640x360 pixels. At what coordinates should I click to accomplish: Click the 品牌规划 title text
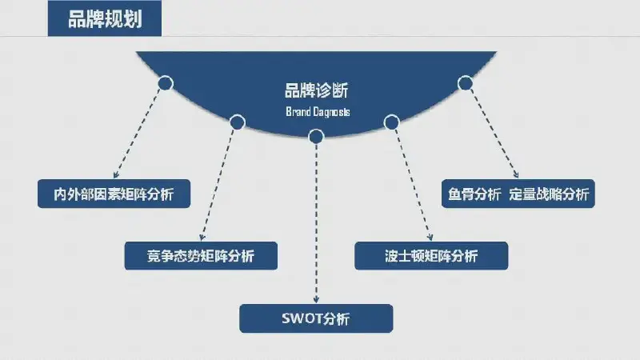pos(105,19)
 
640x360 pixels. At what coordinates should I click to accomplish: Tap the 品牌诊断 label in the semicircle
pos(316,90)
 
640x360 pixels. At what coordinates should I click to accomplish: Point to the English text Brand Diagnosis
pos(318,112)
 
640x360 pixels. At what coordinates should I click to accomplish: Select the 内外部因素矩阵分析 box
pos(114,194)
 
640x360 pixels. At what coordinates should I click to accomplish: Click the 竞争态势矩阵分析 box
pos(201,256)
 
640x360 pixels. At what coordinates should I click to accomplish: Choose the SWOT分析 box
pos(316,318)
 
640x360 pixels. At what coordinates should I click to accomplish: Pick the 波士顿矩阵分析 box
pos(431,256)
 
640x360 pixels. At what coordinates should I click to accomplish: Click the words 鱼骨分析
pos(474,194)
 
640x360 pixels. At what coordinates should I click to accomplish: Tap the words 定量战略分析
pos(549,194)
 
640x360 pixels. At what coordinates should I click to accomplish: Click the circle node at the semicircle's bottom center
pos(316,137)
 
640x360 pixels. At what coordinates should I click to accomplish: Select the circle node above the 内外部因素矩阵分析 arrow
pos(166,83)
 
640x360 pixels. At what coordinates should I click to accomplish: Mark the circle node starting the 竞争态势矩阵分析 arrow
pos(237,122)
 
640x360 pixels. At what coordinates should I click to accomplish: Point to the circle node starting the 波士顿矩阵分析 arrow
pos(391,122)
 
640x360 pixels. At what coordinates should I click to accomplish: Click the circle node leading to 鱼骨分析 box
pos(466,83)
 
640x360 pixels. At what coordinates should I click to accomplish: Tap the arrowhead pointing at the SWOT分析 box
pos(316,300)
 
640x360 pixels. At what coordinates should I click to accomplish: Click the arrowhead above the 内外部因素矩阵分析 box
pos(116,174)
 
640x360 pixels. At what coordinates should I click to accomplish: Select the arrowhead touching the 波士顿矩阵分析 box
pos(430,237)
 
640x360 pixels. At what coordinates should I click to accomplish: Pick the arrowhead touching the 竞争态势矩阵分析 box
pos(202,237)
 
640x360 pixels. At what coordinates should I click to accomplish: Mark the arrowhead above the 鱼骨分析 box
pos(516,174)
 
